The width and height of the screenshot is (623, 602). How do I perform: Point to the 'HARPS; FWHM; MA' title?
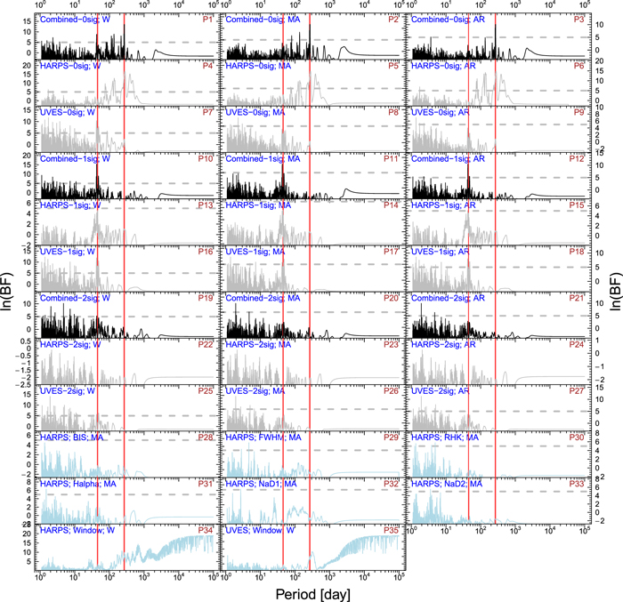(x=265, y=438)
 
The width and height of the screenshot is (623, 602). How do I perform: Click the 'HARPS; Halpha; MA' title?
(x=80, y=484)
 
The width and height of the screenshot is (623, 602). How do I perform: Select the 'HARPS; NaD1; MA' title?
(x=264, y=484)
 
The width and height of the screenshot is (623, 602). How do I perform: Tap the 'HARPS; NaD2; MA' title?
(x=449, y=484)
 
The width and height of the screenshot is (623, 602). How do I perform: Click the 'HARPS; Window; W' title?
(x=79, y=530)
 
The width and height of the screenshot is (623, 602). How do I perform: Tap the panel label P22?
(x=204, y=344)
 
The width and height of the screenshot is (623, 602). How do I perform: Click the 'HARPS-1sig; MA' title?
(x=263, y=205)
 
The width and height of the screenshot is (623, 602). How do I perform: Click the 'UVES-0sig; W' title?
(x=70, y=113)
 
